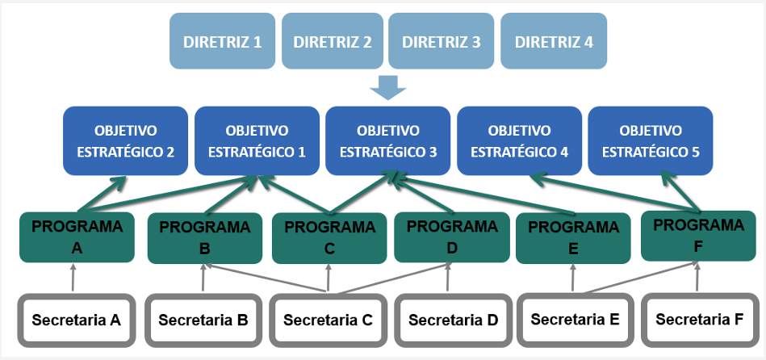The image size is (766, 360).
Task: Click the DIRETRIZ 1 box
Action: pos(221,42)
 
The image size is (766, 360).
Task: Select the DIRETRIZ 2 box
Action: pos(332,42)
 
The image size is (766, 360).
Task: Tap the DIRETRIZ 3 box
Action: pos(441,42)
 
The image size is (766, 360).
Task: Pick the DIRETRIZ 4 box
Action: pos(553,42)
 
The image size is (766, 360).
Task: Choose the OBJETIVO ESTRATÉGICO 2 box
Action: pos(126,140)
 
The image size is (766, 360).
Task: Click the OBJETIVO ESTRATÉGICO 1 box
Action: pos(257,140)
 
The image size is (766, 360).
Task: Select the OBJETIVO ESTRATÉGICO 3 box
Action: pos(388,140)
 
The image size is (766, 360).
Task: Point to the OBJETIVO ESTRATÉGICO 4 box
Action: pos(520,140)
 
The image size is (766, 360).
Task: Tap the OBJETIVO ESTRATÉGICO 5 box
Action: pos(651,140)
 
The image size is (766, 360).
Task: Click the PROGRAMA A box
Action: pos(77,237)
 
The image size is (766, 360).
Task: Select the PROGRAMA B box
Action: pos(205,238)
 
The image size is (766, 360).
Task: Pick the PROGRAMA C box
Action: pos(329,238)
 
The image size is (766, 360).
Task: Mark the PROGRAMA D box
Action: pos(452,237)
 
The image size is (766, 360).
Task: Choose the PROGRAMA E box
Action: pos(573,238)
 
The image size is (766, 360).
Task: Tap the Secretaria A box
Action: pos(76,320)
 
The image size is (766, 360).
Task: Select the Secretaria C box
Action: pos(327,320)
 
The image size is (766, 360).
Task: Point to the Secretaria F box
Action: pos(698,320)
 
